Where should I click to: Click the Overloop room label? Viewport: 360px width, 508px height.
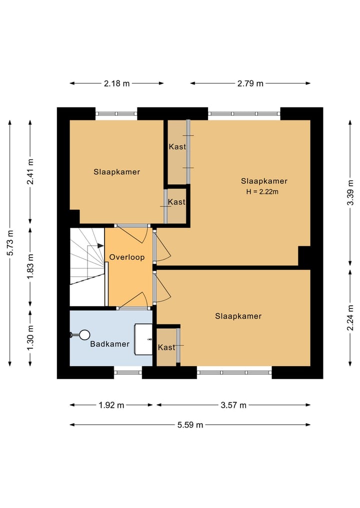[127, 257]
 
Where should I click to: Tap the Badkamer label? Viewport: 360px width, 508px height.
[109, 344]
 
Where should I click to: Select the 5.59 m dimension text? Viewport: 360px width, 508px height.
[190, 425]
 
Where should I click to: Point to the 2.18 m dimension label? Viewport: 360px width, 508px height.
[117, 83]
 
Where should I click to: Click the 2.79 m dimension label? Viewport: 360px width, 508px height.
[250, 83]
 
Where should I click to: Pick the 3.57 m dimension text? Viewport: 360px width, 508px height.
[233, 405]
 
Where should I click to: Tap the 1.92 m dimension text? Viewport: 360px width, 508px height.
[111, 405]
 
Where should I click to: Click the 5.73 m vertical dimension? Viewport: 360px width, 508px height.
[10, 243]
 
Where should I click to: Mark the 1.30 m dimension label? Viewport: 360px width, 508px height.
[30, 338]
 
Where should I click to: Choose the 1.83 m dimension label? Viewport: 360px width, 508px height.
[30, 267]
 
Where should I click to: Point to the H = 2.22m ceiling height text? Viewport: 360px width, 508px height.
[262, 191]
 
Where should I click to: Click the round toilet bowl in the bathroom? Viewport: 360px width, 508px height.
[84, 335]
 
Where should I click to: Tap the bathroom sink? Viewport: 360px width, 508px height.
[143, 339]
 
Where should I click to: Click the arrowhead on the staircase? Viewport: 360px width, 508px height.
[100, 246]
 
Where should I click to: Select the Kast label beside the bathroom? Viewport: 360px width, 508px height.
[166, 347]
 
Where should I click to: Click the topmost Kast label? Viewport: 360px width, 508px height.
[177, 147]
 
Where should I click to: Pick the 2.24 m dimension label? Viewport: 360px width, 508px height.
[350, 318]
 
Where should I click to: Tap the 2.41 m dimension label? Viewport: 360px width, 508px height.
[30, 172]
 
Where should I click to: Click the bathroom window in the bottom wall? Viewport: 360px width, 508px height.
[128, 373]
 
